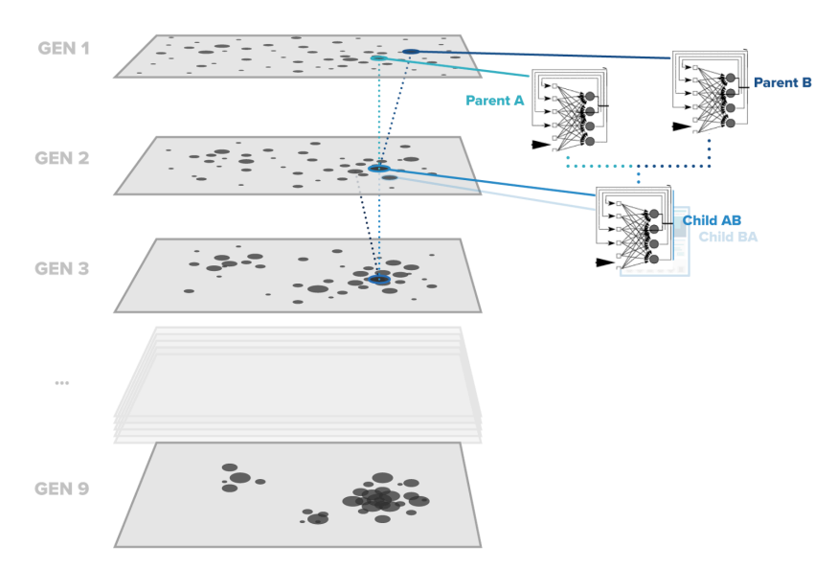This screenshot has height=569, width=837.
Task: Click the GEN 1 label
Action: (x=63, y=47)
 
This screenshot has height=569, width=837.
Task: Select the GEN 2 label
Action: (x=63, y=157)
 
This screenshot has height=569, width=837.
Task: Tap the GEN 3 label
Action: (x=63, y=268)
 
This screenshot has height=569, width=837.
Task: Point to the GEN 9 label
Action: (x=63, y=489)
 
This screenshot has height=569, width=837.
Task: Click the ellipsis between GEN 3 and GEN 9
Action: (x=62, y=382)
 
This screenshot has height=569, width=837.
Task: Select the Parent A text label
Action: (x=494, y=100)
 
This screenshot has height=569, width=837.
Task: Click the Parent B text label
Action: (x=782, y=82)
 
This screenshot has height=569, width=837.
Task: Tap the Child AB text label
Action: (x=712, y=220)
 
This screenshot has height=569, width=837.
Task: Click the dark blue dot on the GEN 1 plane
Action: (x=410, y=51)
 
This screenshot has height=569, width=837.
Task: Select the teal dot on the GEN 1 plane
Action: (x=378, y=58)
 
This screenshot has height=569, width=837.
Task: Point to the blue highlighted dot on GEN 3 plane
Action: (x=378, y=279)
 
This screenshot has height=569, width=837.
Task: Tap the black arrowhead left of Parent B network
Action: (x=681, y=125)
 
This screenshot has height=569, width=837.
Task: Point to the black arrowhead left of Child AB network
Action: (x=603, y=262)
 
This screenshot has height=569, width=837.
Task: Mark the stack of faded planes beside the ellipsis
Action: (x=297, y=383)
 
